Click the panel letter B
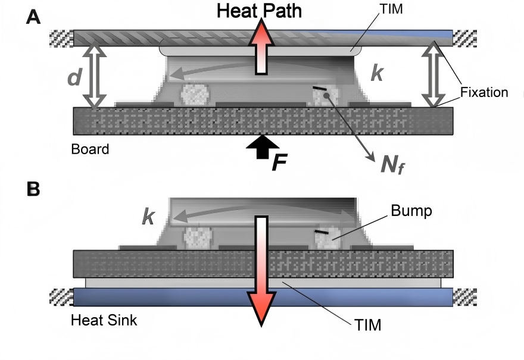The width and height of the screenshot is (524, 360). (34, 189)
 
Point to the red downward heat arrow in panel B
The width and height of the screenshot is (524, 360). (261, 268)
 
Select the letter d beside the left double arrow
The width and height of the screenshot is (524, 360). (73, 78)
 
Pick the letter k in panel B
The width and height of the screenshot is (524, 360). (149, 216)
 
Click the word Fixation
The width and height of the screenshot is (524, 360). (484, 92)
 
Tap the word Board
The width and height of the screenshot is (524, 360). (90, 149)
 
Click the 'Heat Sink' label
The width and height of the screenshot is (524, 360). (104, 320)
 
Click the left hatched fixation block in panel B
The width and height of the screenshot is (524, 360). (61, 296)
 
